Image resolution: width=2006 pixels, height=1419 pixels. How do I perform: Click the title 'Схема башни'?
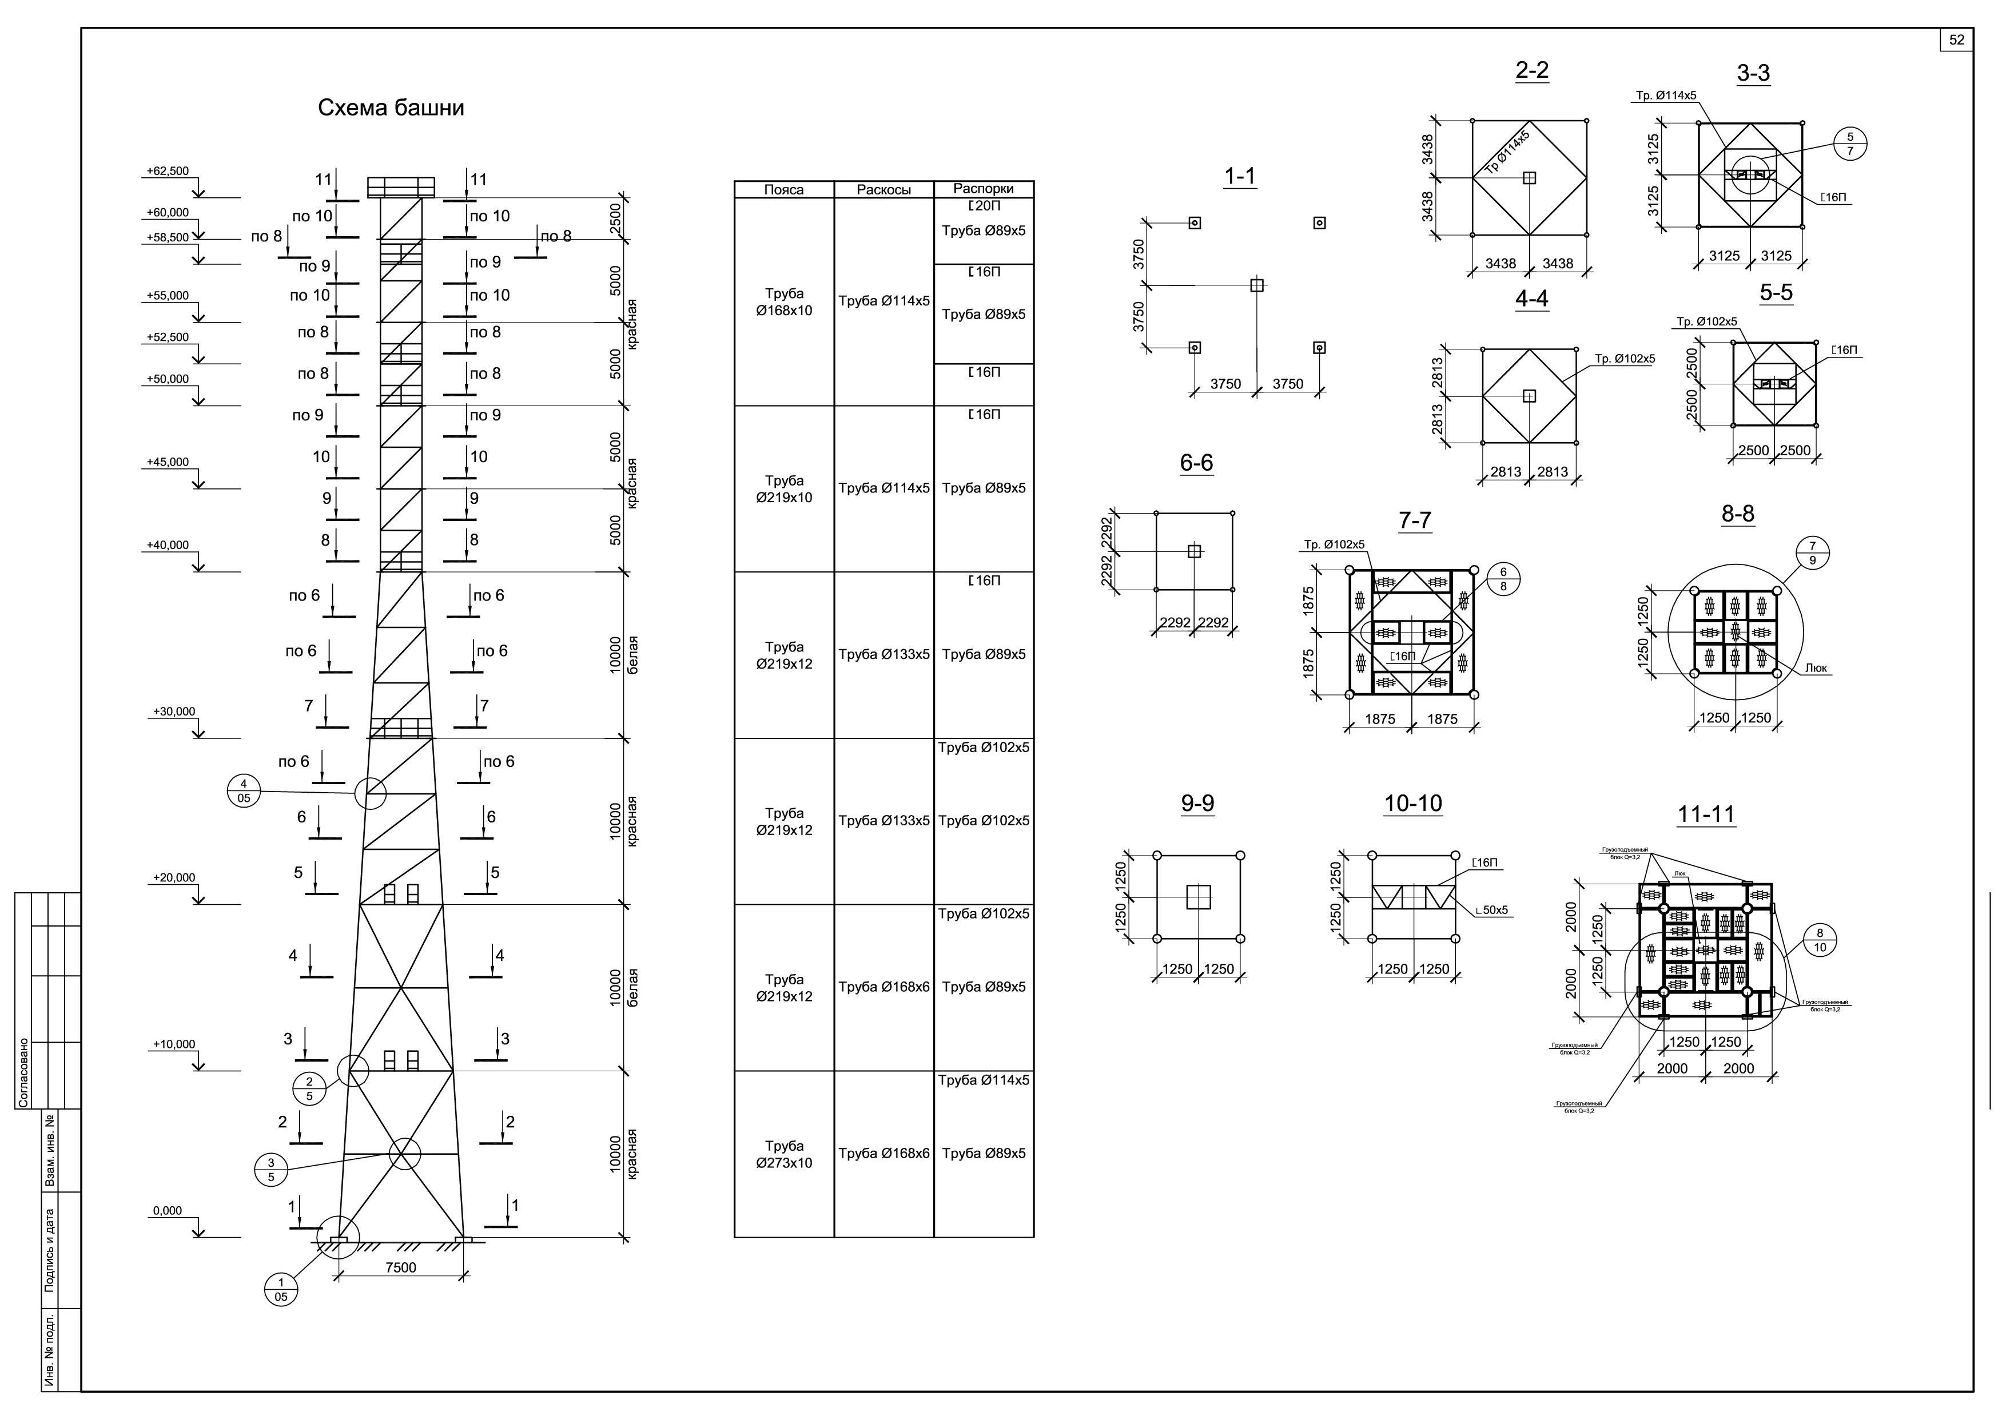tap(391, 108)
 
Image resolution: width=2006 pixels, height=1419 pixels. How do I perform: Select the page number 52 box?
tap(1957, 40)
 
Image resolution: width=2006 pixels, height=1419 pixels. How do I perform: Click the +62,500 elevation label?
tap(168, 171)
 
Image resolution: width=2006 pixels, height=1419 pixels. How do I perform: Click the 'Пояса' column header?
tap(784, 190)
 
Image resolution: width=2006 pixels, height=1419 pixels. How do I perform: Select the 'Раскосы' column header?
tap(883, 190)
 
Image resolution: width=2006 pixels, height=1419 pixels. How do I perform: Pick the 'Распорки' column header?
tap(983, 189)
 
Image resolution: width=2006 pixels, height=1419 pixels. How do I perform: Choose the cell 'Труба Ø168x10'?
tap(784, 303)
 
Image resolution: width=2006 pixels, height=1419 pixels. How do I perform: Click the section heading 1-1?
tap(1239, 177)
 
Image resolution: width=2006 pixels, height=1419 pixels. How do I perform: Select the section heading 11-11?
tap(1705, 814)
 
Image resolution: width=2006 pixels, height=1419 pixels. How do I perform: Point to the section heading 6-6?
tap(1196, 463)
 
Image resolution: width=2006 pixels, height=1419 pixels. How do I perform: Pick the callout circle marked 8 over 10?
tap(1820, 940)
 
